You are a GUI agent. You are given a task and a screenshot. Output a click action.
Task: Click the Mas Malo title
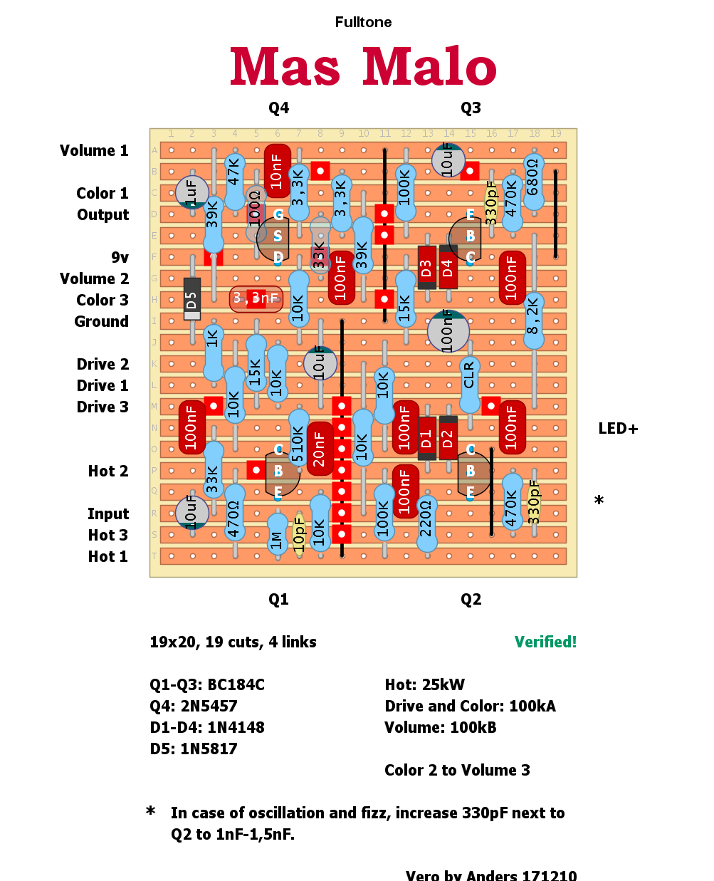363,67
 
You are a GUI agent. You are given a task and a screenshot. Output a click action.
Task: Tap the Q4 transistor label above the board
278,108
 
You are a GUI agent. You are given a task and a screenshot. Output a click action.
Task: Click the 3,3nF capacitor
256,298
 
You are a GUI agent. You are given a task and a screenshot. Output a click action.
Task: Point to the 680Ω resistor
533,182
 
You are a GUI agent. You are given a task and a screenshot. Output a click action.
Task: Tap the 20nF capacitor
320,449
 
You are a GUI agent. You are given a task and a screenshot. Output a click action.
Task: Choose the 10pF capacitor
299,533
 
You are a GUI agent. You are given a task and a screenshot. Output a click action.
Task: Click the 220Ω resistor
426,523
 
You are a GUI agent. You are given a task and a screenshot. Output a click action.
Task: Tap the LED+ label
618,429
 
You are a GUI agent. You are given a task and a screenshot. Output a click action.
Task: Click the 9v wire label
120,258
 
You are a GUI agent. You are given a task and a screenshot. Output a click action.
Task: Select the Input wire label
108,514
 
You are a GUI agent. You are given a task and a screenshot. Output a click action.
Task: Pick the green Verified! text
545,642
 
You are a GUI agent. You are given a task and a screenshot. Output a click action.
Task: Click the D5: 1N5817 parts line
194,749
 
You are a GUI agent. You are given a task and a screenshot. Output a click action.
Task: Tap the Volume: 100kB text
441,728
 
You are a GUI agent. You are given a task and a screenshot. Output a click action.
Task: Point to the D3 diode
426,268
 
